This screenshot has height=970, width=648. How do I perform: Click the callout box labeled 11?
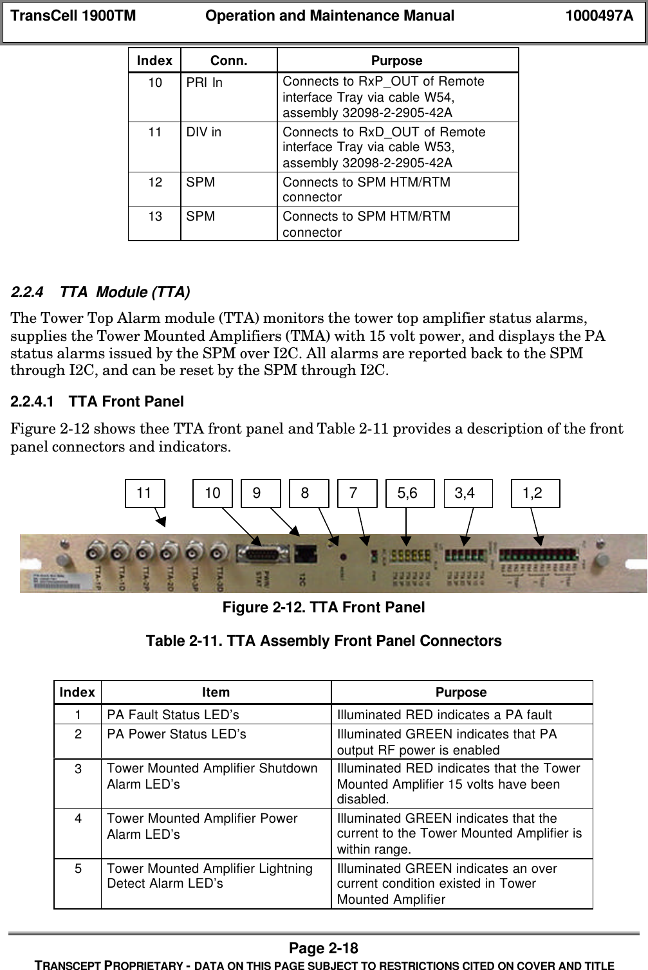[144, 493]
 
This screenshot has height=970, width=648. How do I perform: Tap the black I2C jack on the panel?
[304, 553]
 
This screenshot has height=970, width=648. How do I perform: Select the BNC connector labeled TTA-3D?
[219, 551]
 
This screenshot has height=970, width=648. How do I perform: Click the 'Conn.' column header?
[228, 60]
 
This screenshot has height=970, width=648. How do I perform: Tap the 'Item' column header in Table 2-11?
[216, 692]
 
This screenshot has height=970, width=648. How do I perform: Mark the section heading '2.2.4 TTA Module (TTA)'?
[100, 293]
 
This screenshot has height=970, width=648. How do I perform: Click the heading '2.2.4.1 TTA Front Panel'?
[97, 402]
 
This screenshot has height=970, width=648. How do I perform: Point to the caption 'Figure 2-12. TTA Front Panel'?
[324, 607]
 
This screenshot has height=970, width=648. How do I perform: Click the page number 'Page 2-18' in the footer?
[324, 948]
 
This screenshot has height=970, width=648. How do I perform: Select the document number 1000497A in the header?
[599, 16]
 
